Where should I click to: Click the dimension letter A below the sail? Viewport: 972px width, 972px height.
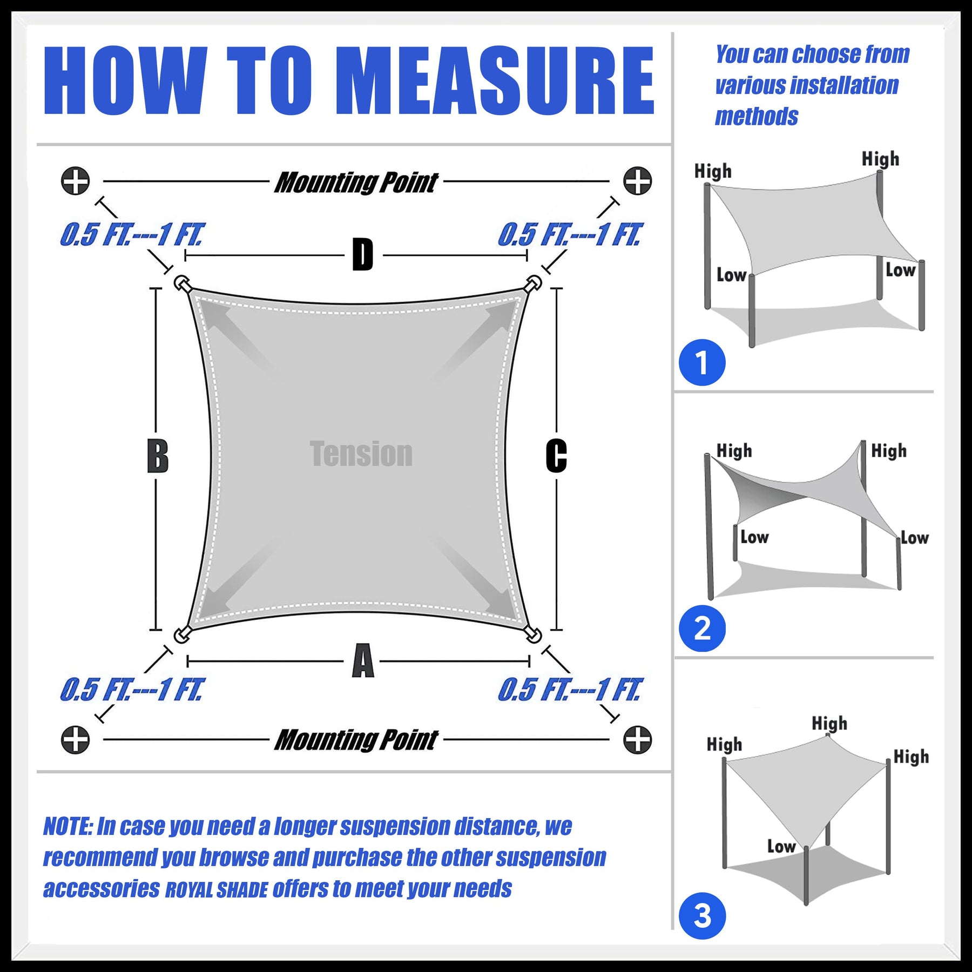pos(363,660)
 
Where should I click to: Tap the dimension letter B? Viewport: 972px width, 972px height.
pos(158,456)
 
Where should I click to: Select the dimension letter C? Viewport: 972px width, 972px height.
pos(556,456)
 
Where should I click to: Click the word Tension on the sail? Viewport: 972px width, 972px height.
pos(361,454)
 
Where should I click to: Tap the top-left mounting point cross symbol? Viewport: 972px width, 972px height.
pos(75,181)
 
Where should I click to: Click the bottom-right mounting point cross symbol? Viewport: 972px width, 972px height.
pos(637,740)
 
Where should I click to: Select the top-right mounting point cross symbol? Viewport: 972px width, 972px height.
pos(637,181)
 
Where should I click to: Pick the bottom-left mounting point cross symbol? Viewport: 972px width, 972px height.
pos(75,740)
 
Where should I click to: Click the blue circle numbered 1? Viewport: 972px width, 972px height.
pos(702,362)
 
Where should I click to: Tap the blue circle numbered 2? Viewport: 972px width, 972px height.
pos(702,629)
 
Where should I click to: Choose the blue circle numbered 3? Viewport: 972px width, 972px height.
pos(702,916)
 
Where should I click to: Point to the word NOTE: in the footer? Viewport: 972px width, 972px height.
pos(68,827)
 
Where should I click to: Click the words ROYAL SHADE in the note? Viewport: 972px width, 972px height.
pos(216,890)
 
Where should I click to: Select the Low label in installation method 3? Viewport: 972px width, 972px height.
pos(781,846)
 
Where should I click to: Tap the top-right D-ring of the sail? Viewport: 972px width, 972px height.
pos(534,283)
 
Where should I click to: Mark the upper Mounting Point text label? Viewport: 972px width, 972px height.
pos(356,183)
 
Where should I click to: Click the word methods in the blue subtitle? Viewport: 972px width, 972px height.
pos(757,116)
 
